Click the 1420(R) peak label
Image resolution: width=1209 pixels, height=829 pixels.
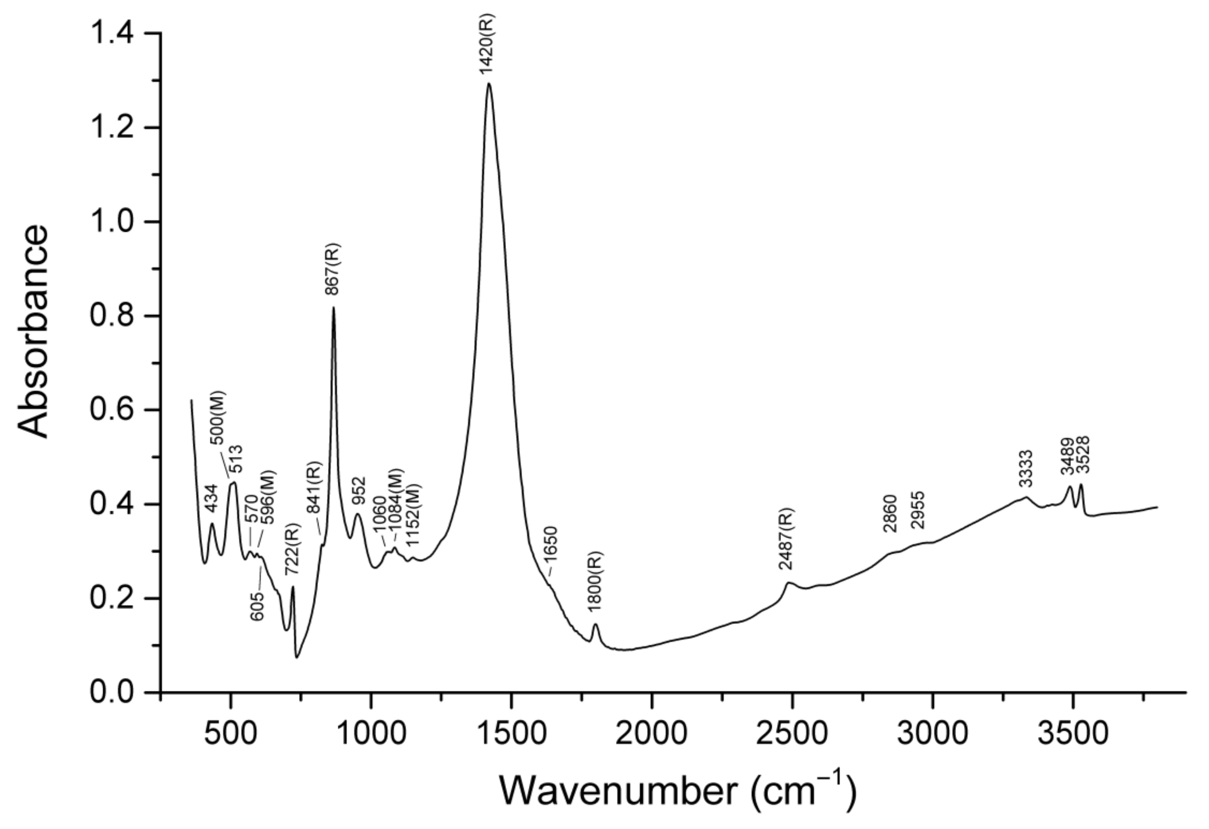pyautogui.click(x=487, y=45)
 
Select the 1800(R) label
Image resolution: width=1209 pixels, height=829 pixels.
pyautogui.click(x=595, y=580)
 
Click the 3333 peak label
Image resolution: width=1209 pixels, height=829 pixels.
pyautogui.click(x=1025, y=468)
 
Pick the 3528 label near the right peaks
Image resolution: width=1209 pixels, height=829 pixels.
pyautogui.click(x=1082, y=455)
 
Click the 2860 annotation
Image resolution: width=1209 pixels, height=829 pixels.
pyautogui.click(x=890, y=514)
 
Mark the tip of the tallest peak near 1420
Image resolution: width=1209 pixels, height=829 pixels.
pyautogui.click(x=489, y=84)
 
